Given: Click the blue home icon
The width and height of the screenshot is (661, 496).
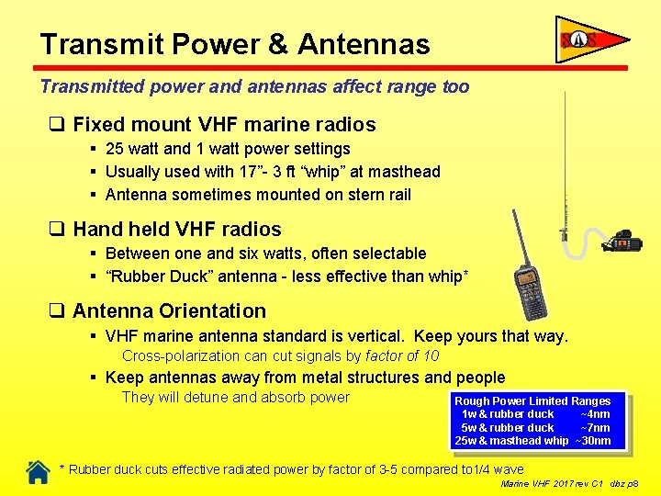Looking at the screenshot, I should tap(38, 471).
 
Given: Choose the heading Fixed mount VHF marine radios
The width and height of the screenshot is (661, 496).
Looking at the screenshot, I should tap(224, 124).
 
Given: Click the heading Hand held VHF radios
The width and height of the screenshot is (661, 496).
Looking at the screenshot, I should tap(176, 229).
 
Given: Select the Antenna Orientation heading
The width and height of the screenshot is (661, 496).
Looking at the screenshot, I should tap(169, 310).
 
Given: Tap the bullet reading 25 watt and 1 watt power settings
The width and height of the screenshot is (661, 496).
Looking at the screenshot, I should tap(228, 149).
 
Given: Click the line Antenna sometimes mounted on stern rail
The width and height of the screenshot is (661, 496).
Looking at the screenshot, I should tap(258, 195).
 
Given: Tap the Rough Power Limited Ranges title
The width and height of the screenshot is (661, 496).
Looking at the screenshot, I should tap(532, 400).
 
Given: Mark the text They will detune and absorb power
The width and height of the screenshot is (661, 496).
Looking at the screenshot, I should tap(236, 398).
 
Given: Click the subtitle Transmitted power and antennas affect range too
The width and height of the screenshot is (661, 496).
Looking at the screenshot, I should tap(254, 87).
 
